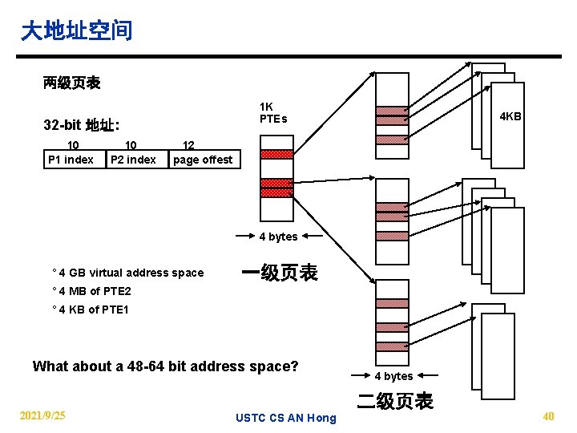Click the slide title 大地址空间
[76, 31]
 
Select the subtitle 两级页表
[71, 83]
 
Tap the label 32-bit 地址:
[82, 125]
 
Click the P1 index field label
[71, 160]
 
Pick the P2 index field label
[133, 160]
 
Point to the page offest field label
[203, 160]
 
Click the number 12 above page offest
[189, 146]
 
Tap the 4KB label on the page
[510, 116]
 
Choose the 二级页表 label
[395, 401]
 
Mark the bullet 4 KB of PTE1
[93, 310]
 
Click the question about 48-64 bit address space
[165, 366]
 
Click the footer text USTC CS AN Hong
[286, 418]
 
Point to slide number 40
[548, 415]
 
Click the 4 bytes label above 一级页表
[278, 237]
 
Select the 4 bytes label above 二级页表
[394, 376]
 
